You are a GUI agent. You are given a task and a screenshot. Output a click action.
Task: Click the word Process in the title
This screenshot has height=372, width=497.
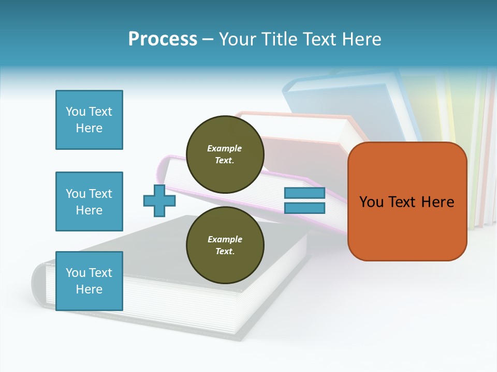coord(163,39)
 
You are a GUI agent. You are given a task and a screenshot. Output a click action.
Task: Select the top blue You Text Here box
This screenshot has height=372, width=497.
coord(89,120)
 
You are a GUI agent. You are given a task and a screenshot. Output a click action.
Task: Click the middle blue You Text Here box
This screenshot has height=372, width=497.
coord(89,202)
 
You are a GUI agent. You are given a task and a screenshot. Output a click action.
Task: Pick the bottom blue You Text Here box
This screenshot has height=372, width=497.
coord(89,281)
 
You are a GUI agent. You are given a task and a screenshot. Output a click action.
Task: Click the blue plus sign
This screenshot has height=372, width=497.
coord(159,200)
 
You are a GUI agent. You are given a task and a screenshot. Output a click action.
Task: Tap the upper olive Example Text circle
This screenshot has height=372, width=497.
coord(225,154)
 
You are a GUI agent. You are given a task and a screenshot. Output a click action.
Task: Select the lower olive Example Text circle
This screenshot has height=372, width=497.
coord(225,245)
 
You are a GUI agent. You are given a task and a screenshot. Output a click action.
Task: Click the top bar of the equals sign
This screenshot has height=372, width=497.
coord(304,193)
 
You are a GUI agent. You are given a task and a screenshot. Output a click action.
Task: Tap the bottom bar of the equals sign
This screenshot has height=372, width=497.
coord(304,208)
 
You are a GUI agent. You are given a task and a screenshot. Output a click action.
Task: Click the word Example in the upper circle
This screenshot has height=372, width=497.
coord(224,148)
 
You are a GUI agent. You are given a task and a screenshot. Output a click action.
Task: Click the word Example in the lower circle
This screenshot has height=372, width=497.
coord(225,239)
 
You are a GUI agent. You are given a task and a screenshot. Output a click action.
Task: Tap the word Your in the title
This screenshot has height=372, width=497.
coord(236,39)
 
